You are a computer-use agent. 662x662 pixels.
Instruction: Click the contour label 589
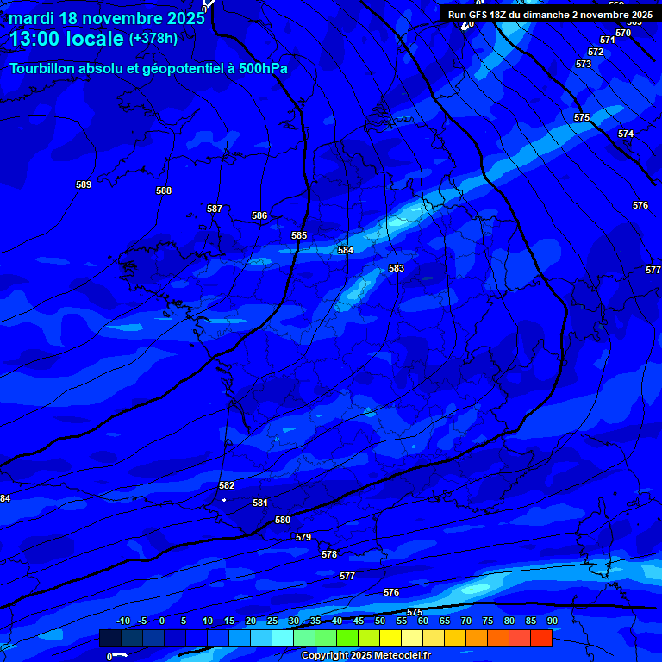84,184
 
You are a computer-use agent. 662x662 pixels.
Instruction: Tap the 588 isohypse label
164,190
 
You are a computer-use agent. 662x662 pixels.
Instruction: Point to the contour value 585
299,235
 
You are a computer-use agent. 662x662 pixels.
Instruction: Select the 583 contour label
397,268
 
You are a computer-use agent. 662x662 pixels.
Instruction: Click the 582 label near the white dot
227,485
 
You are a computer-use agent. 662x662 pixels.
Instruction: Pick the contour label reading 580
283,520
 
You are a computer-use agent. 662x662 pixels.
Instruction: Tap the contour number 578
329,554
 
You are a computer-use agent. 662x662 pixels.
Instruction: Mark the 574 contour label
626,134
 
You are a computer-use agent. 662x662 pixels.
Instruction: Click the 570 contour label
623,33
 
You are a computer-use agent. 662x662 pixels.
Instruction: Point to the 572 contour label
596,52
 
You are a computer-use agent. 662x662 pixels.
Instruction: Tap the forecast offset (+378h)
153,38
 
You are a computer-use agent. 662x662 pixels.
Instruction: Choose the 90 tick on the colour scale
552,621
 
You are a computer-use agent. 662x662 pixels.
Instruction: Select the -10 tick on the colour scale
122,621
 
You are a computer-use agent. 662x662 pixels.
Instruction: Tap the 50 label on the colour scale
380,621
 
